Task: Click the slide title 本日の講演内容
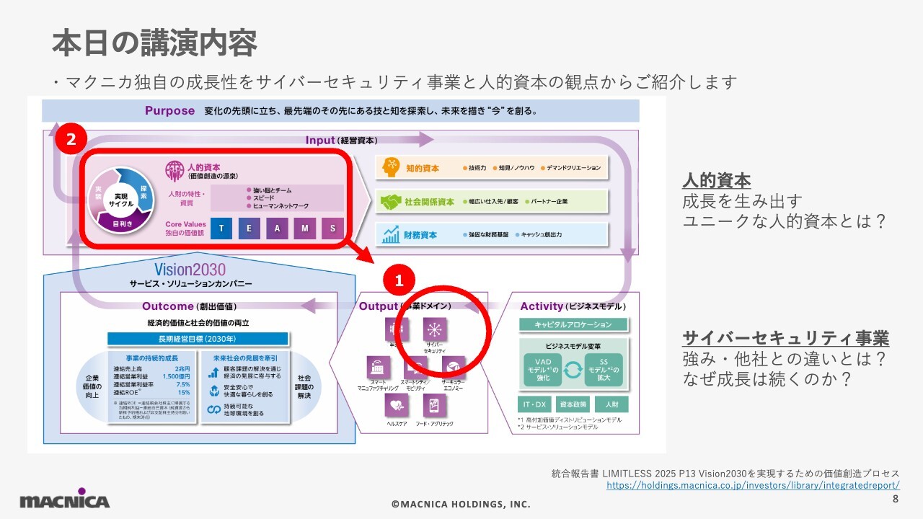pyautogui.click(x=154, y=44)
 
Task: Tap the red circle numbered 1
pyautogui.click(x=399, y=279)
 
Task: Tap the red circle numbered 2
pyautogui.click(x=71, y=140)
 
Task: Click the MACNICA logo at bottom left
pyautogui.click(x=65, y=500)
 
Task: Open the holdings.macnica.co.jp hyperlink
pyautogui.click(x=753, y=486)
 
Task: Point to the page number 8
pyautogui.click(x=896, y=499)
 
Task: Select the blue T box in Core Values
pyautogui.click(x=221, y=229)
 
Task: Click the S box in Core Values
pyautogui.click(x=332, y=229)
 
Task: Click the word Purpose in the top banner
pyautogui.click(x=169, y=111)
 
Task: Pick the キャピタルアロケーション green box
pyautogui.click(x=573, y=325)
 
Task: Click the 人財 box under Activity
pyautogui.click(x=611, y=404)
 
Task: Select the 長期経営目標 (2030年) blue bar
pyautogui.click(x=198, y=339)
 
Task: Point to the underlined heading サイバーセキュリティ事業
pyautogui.click(x=785, y=338)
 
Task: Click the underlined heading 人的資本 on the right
pyautogui.click(x=716, y=181)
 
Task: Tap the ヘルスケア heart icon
pyautogui.click(x=397, y=405)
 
